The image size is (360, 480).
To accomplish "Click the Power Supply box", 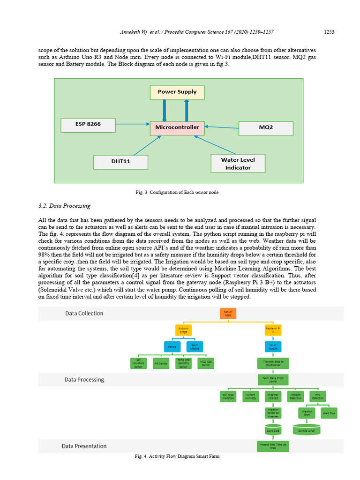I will pos(177,92).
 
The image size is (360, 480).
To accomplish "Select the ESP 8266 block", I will pos(88,125).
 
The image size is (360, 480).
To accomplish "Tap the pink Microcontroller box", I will pos(178,127).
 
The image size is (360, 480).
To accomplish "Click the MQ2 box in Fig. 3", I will pos(266,128).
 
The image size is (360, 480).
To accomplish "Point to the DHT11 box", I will pos(121,162).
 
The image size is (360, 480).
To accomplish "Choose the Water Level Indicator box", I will pos(238,164).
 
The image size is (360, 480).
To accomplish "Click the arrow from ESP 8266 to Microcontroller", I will pos(132,125).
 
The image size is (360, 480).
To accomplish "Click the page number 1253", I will pos(329,32).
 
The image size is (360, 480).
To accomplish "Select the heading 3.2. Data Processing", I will pos(64,206).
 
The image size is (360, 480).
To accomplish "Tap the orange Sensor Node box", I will pos(228,314).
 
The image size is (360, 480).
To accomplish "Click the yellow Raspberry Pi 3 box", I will pos(273,330).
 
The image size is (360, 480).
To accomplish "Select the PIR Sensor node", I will pos(161,363).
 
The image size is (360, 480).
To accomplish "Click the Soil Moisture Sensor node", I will pos(138,363).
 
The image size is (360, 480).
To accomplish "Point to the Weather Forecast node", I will pos(273,396).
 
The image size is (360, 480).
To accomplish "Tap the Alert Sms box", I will pos(329,413).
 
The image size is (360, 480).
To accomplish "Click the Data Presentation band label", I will pos(84,446).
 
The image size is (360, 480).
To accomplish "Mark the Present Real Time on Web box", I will pos(273,445).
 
